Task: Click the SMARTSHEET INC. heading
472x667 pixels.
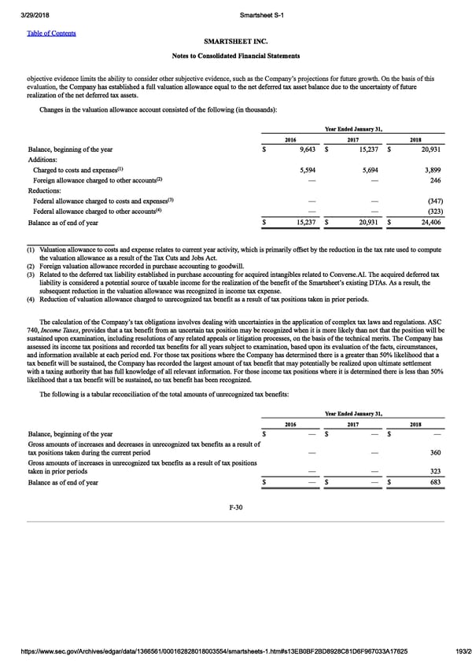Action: pos(236,42)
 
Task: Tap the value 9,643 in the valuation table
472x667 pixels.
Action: pos(306,149)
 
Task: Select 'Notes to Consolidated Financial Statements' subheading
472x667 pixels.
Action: pos(236,56)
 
